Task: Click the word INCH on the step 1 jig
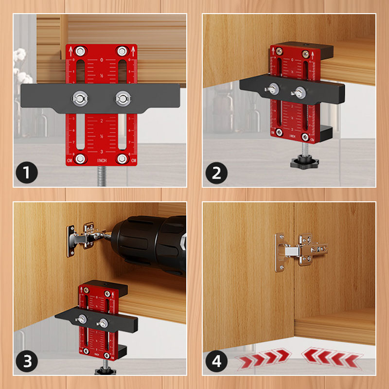pos(102,160)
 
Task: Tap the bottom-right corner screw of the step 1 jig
pos(122,159)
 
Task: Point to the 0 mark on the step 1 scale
pos(102,60)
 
